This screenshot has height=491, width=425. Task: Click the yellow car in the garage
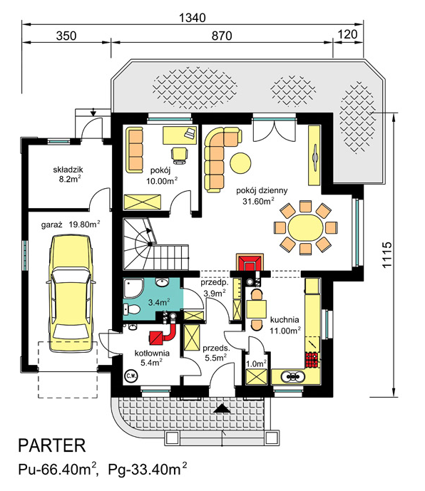71,293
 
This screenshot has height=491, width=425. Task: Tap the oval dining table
305,227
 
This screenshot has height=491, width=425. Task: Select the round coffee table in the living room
240,162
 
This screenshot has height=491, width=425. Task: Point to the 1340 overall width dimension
192,18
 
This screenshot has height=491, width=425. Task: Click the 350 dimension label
66,36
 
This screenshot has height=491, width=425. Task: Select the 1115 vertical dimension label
387,254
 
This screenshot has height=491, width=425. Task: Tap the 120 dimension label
347,33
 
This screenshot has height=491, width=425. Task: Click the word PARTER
52,445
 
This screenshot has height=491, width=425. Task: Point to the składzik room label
68,170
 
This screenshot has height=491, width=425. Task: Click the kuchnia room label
285,320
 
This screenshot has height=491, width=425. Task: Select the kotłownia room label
152,353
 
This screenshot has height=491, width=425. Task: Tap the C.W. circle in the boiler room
131,376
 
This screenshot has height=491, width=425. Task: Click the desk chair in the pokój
180,155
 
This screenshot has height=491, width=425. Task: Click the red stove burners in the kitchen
312,360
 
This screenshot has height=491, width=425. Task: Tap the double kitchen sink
293,376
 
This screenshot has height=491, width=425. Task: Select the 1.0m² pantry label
256,363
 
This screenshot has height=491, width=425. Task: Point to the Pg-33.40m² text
148,470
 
